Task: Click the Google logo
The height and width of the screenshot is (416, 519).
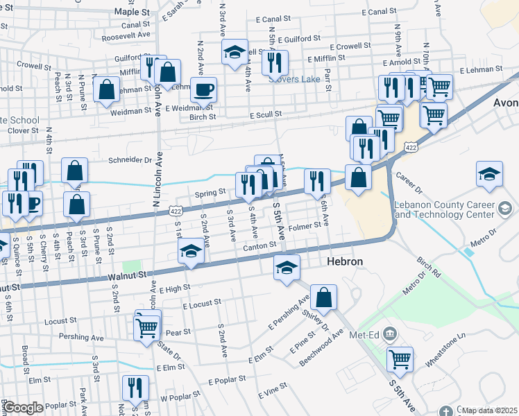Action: pyautogui.click(x=22, y=408)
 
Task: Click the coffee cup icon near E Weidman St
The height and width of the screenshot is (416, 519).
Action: pyautogui.click(x=203, y=89)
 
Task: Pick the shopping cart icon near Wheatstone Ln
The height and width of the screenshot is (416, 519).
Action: pyautogui.click(x=400, y=359)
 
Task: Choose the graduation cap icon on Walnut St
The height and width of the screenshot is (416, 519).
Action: pyautogui.click(x=191, y=252)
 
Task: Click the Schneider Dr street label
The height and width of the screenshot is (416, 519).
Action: pyautogui.click(x=130, y=159)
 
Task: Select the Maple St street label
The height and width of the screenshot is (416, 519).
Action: pyautogui.click(x=132, y=12)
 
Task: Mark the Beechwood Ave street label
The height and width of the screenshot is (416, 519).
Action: pyautogui.click(x=321, y=348)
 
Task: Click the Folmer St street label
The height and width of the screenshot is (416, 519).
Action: pyautogui.click(x=305, y=225)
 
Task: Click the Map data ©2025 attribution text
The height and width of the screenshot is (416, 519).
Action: pyautogui.click(x=489, y=410)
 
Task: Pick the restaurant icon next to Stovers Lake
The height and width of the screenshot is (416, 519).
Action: pyautogui.click(x=275, y=62)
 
